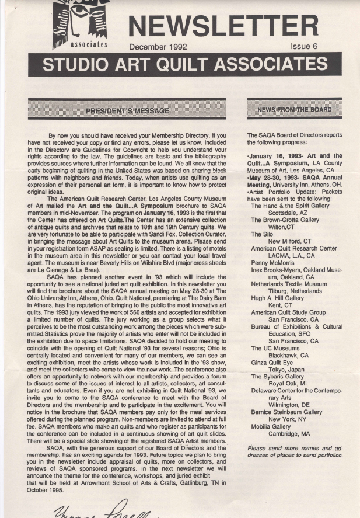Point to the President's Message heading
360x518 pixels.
tap(127, 110)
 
